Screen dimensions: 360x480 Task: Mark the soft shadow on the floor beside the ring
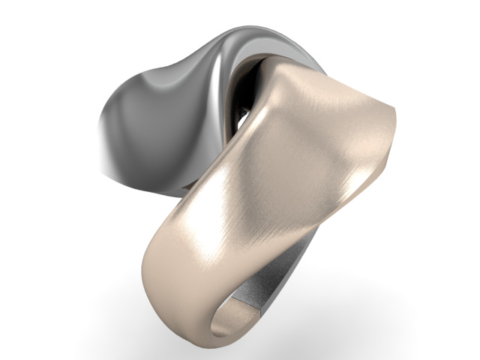tap(352, 315)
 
